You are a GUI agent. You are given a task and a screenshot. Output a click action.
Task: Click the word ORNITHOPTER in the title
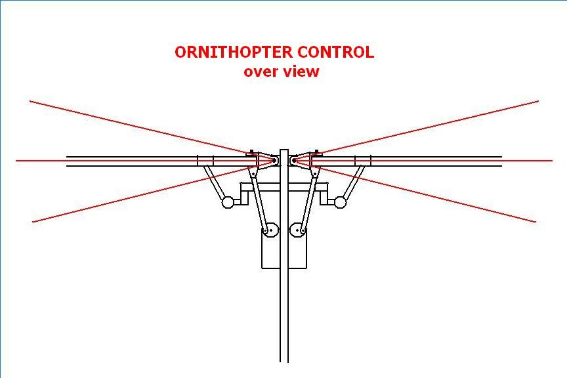234,52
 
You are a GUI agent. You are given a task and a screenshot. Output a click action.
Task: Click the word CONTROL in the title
335,52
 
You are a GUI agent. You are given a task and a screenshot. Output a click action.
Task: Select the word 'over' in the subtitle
261,72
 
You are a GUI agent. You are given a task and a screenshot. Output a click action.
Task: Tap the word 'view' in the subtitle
301,71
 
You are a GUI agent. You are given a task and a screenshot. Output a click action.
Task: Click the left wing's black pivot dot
274,160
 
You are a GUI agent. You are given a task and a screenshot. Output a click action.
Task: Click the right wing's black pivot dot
295,160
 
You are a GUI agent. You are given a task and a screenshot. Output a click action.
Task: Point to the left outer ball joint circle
228,203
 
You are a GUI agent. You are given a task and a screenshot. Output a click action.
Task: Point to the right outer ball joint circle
341,203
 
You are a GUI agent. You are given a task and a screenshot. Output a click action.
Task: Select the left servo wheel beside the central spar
270,230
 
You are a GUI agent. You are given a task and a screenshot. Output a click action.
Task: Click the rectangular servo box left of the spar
270,249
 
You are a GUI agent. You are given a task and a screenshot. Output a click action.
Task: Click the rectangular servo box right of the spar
297,249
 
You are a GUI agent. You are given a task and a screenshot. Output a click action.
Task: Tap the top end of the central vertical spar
284,150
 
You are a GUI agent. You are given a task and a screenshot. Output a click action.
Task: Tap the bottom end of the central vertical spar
284,362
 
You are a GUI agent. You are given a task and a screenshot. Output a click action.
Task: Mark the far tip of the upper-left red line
30,101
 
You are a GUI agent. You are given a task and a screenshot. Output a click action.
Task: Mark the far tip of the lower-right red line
535,222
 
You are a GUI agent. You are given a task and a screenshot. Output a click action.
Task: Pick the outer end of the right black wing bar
501,161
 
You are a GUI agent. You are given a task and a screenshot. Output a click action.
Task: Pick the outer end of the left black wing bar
67,161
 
